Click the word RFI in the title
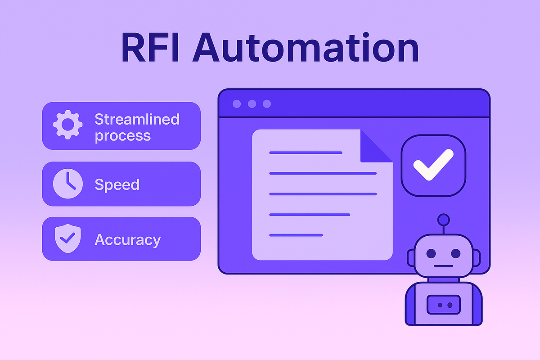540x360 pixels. pyautogui.click(x=150, y=48)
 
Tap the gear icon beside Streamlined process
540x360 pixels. pyautogui.click(x=68, y=125)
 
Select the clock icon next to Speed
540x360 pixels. pyautogui.click(x=68, y=184)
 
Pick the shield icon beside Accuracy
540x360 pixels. pyautogui.click(x=68, y=238)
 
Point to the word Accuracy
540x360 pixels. pyautogui.click(x=128, y=240)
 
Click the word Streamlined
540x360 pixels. pyautogui.click(x=137, y=119)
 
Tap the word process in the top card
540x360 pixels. pyautogui.click(x=123, y=136)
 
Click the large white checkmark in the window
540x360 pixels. pyautogui.click(x=433, y=165)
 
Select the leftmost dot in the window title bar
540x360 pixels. pyautogui.click(x=237, y=104)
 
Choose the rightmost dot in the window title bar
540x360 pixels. pyautogui.click(x=267, y=104)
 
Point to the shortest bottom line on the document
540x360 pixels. pyautogui.click(x=296, y=235)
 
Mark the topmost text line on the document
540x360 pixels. pyautogui.click(x=306, y=153)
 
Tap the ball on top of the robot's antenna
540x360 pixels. pyautogui.click(x=444, y=220)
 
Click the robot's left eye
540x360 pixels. pyautogui.click(x=431, y=253)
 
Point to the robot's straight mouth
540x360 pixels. pyautogui.click(x=443, y=265)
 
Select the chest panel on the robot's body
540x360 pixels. pyautogui.click(x=444, y=305)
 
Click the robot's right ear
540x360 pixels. pyautogui.click(x=476, y=258)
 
